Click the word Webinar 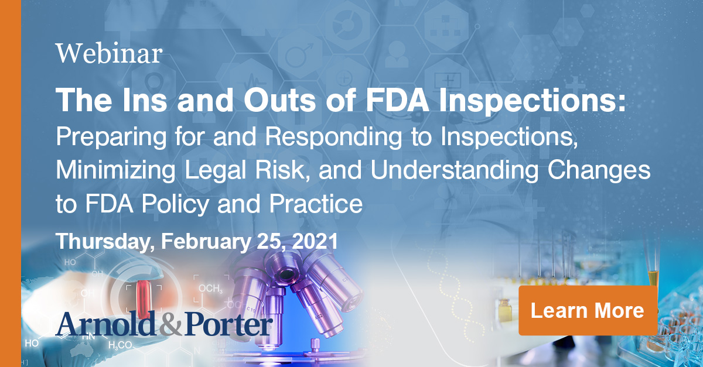[x=109, y=54]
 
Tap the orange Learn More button [x=587, y=310]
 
